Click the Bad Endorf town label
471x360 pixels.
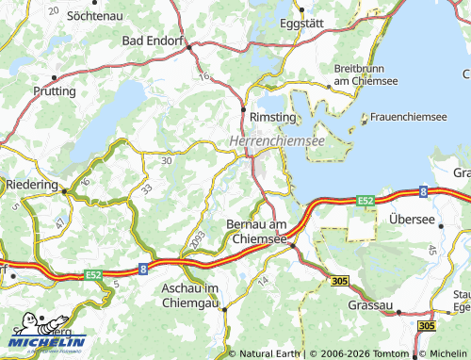[x=154, y=41]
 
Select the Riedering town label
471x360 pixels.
[x=32, y=185]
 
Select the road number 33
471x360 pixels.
[x=146, y=189]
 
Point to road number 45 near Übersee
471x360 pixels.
[x=431, y=249]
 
